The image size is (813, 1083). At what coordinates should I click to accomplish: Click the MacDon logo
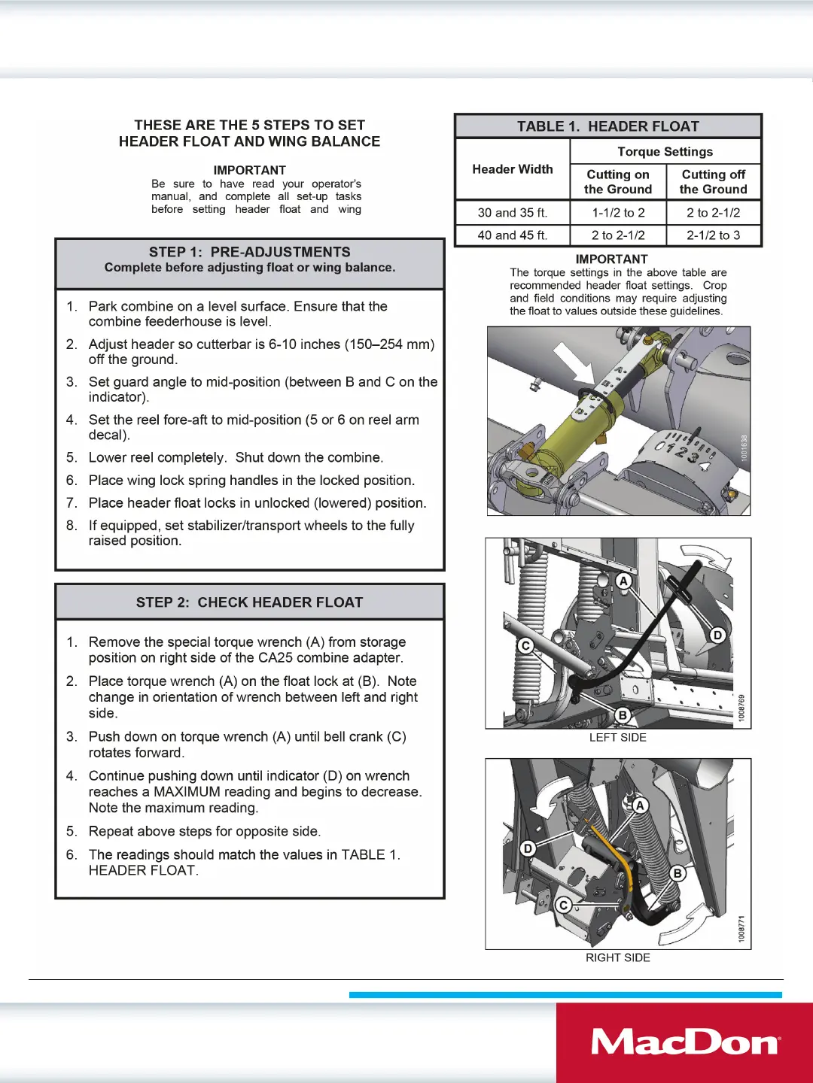click(685, 1042)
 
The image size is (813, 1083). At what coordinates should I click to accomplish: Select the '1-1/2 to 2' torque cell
click(618, 213)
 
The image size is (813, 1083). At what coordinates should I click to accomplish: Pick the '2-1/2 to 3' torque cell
click(713, 235)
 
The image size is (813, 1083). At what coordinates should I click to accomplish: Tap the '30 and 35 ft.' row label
click(512, 213)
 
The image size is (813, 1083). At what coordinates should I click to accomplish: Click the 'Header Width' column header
click(512, 169)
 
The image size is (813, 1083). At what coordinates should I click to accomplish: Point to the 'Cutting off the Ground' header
click(713, 182)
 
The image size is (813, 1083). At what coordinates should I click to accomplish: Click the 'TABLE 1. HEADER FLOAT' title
click(607, 126)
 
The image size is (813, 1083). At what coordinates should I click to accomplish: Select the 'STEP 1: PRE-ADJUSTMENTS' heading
click(249, 252)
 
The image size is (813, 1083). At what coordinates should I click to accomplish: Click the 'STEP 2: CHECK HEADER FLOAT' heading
click(249, 602)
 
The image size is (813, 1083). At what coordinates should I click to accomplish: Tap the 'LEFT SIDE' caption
click(617, 738)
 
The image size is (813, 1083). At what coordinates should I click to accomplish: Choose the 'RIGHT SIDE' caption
click(617, 957)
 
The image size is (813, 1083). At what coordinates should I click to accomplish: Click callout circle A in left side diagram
click(623, 581)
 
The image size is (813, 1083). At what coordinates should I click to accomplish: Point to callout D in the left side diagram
click(717, 636)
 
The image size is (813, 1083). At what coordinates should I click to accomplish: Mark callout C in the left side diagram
click(525, 646)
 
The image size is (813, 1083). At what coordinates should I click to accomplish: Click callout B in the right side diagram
click(677, 873)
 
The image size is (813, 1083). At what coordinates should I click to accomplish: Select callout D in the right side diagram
click(528, 848)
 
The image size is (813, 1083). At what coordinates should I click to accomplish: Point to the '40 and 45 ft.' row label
click(512, 235)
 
